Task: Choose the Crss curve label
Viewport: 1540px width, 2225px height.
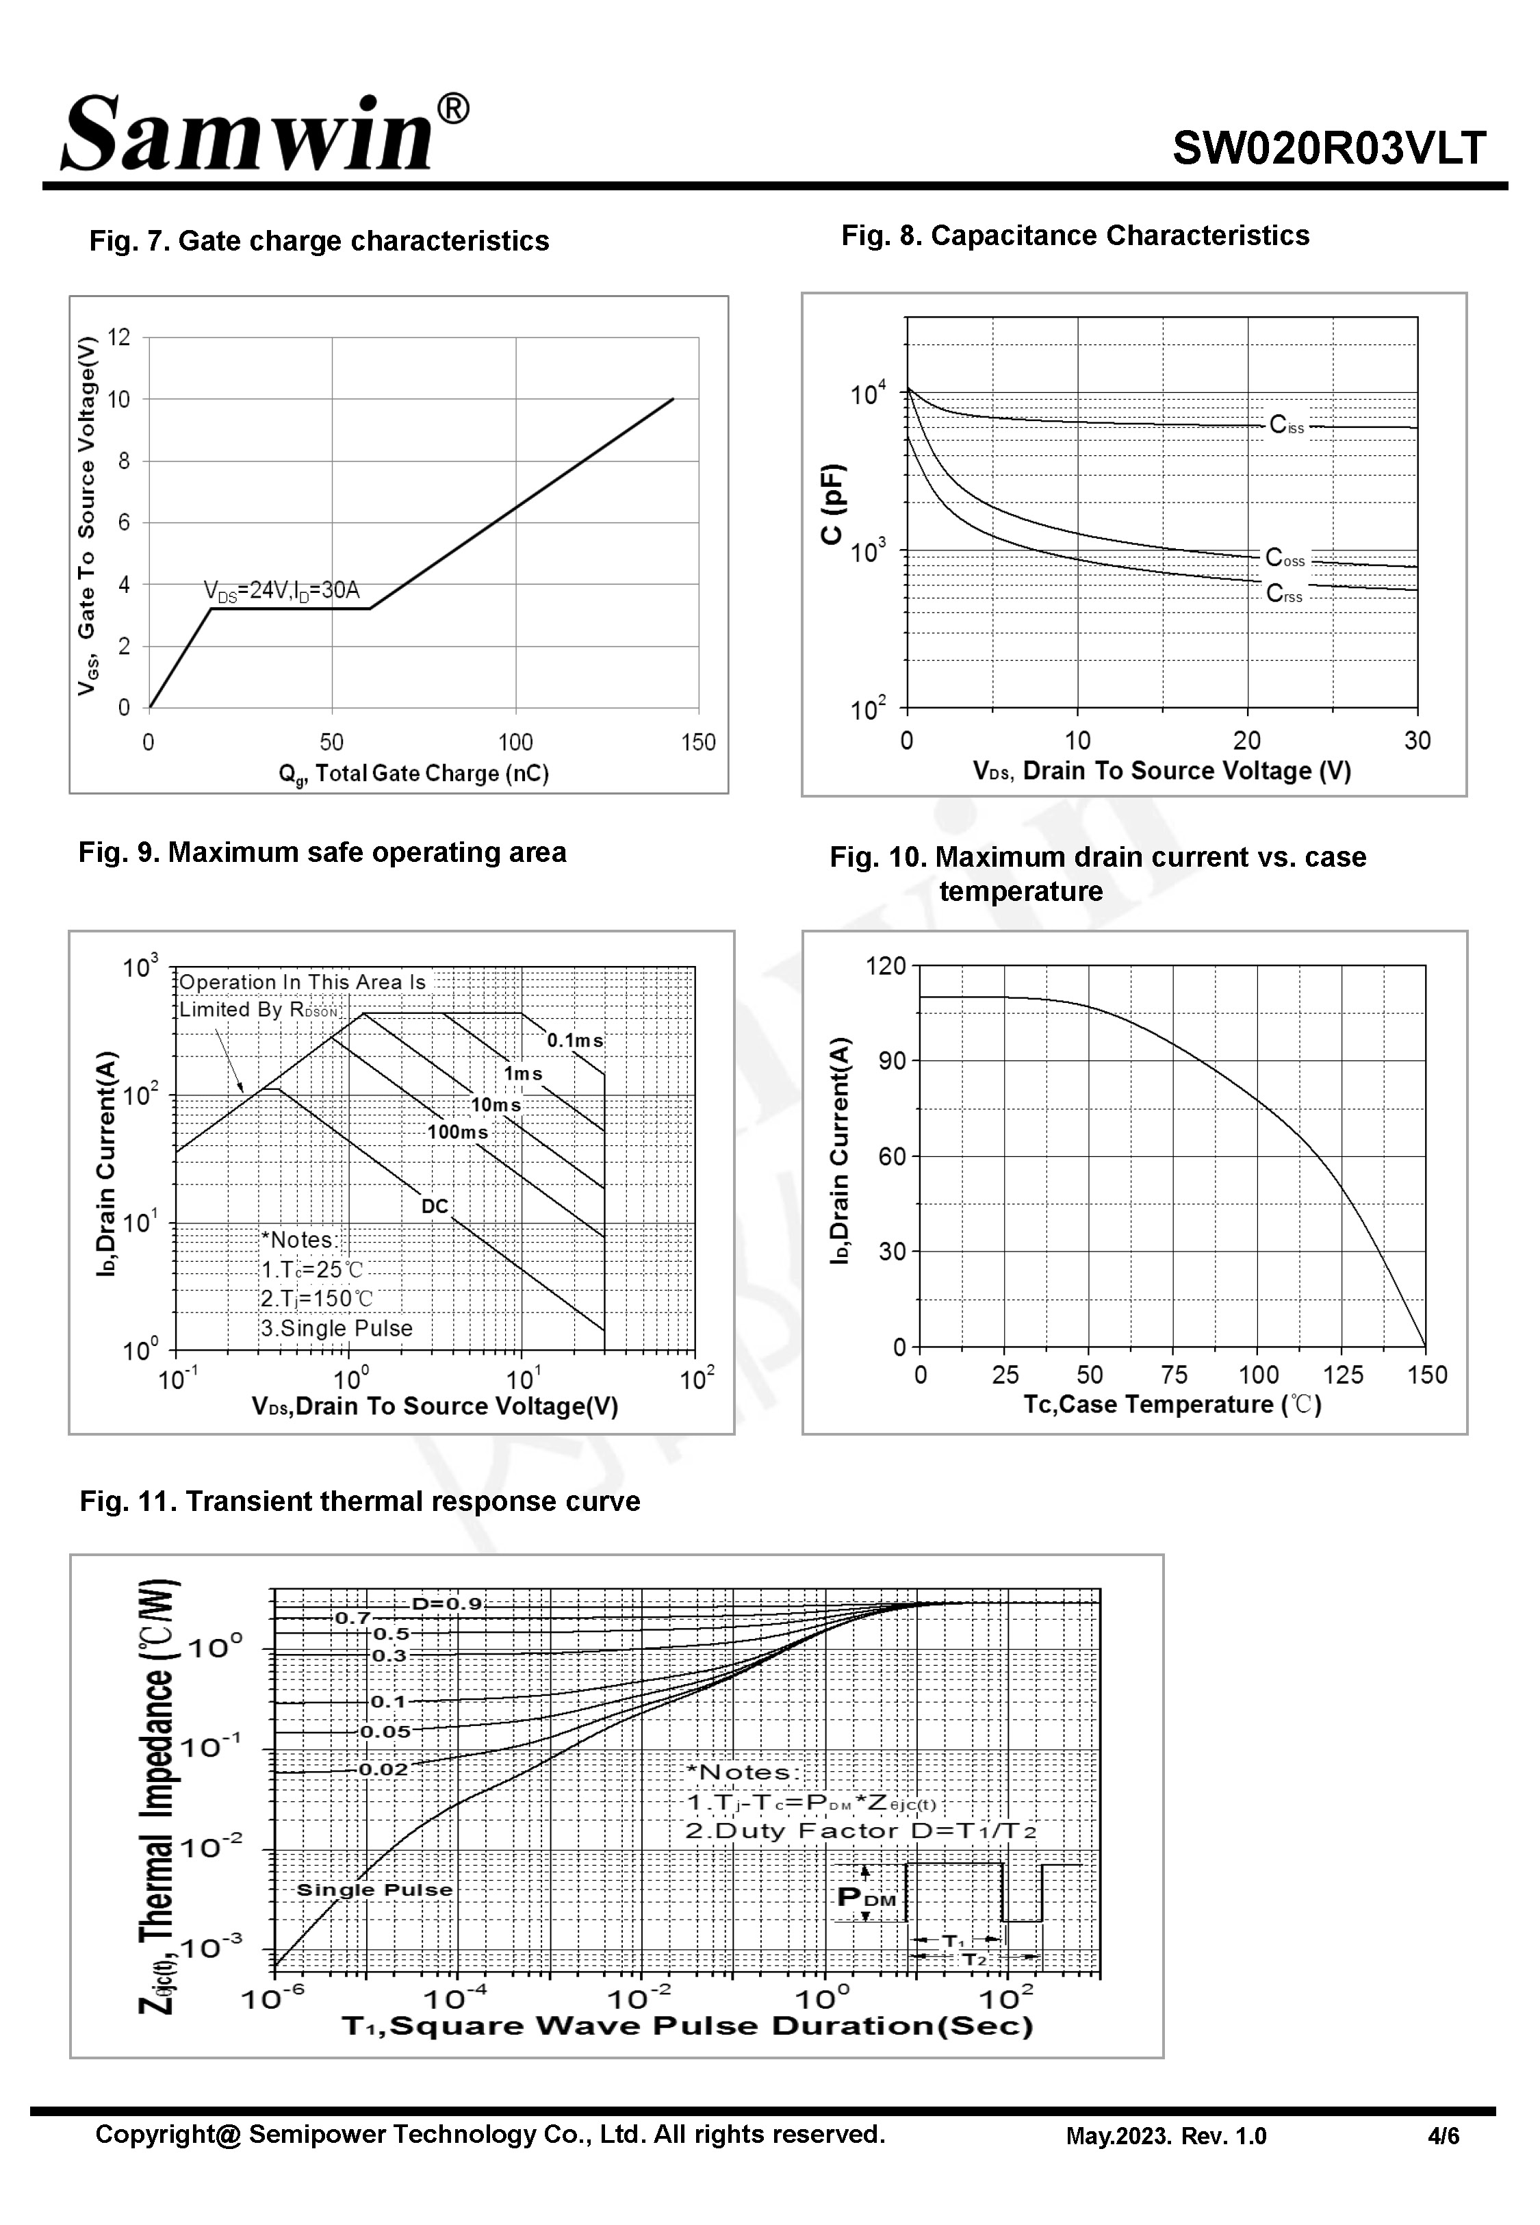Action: pyautogui.click(x=1284, y=594)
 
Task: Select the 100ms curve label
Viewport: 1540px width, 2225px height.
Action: pyautogui.click(x=457, y=1132)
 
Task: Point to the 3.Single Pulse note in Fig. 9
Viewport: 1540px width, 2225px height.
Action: pyautogui.click(x=337, y=1329)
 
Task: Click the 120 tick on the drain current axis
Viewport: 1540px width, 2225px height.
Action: pyautogui.click(x=886, y=966)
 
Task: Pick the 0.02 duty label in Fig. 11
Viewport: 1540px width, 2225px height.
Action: pyautogui.click(x=383, y=1770)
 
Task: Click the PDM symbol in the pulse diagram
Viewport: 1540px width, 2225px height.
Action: pyautogui.click(x=866, y=1899)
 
